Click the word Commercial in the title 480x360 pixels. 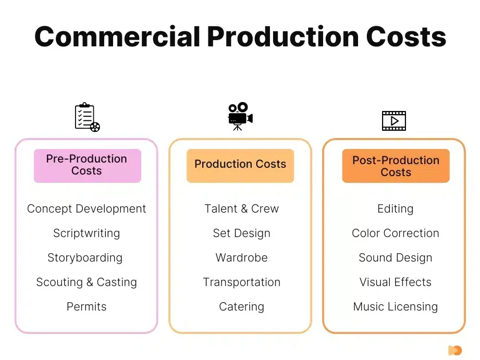pyautogui.click(x=117, y=37)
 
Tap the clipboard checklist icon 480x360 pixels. pyautogui.click(x=87, y=117)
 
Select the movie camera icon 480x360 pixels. pyautogui.click(x=240, y=116)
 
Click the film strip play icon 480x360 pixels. pyautogui.click(x=394, y=121)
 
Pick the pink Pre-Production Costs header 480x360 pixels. pyautogui.click(x=88, y=166)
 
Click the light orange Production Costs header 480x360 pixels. pyautogui.click(x=240, y=166)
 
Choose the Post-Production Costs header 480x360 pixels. pyautogui.click(x=396, y=166)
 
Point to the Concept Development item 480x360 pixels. pyautogui.click(x=87, y=209)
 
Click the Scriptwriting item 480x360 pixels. pyautogui.click(x=87, y=233)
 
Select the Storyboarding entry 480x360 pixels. pyautogui.click(x=85, y=258)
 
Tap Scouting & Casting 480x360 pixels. pyautogui.click(x=87, y=282)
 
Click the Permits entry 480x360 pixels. pyautogui.click(x=87, y=307)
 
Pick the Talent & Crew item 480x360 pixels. pyautogui.click(x=241, y=209)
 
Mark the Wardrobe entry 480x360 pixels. pyautogui.click(x=241, y=258)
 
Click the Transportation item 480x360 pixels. pyautogui.click(x=241, y=282)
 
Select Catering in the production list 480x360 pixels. pyautogui.click(x=241, y=307)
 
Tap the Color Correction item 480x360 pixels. pyautogui.click(x=396, y=233)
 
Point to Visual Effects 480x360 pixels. pyautogui.click(x=396, y=282)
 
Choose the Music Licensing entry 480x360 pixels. pyautogui.click(x=396, y=307)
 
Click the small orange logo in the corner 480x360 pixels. pyautogui.click(x=455, y=350)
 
